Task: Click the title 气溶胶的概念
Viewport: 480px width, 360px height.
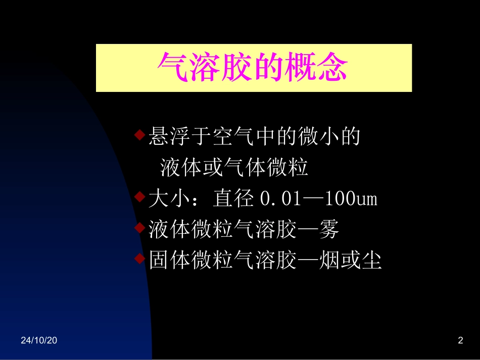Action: pyautogui.click(x=254, y=68)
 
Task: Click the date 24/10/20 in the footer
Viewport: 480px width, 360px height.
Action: pyautogui.click(x=39, y=341)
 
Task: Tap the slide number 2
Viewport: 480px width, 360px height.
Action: pyautogui.click(x=460, y=341)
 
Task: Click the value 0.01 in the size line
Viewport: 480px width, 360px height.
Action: pyautogui.click(x=276, y=199)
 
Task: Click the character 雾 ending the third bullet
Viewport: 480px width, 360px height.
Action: pyautogui.click(x=328, y=230)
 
